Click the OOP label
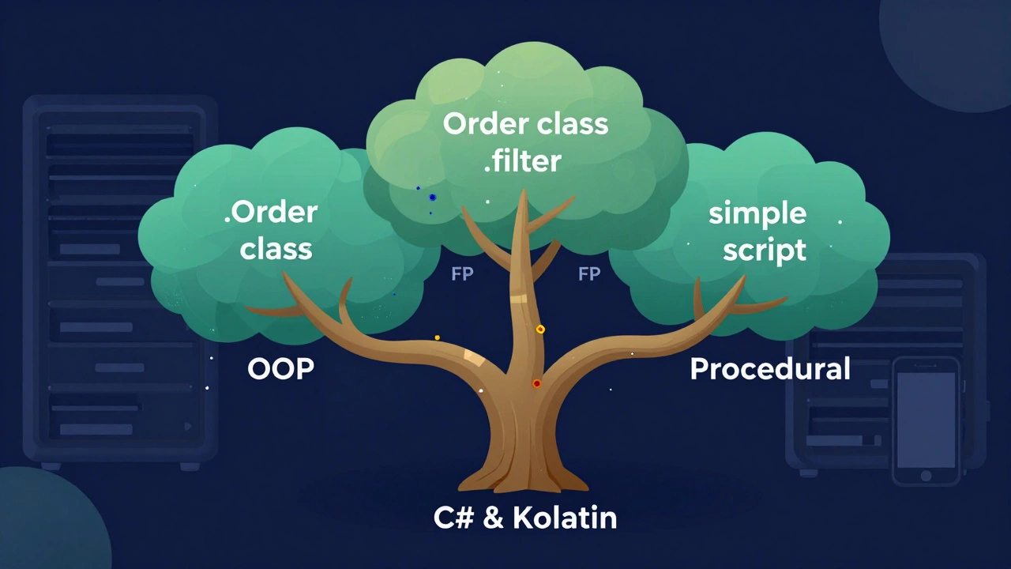[x=280, y=368]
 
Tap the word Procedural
[x=769, y=369]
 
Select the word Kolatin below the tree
[x=565, y=518]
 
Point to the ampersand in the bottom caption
[x=493, y=518]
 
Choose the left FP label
[x=461, y=274]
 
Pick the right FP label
[x=589, y=274]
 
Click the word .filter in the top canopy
[x=522, y=160]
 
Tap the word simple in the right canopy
[x=757, y=213]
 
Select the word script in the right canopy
[x=764, y=249]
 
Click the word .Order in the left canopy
[x=270, y=212]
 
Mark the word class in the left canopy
[x=276, y=249]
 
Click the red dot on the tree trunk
[x=537, y=384]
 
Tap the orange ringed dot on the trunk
[x=540, y=330]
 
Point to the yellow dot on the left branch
[x=438, y=337]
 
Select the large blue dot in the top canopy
[x=432, y=197]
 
